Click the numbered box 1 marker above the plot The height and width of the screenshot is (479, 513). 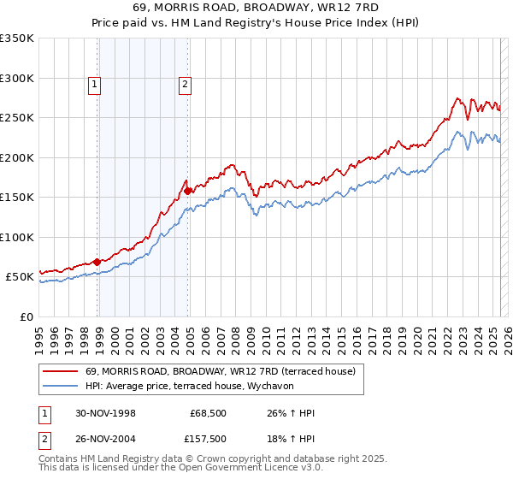(93, 84)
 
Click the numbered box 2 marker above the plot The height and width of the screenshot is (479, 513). (184, 84)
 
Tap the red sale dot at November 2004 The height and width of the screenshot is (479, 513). (188, 192)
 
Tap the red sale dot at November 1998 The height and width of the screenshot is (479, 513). (97, 262)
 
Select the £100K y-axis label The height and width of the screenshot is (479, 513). (17, 238)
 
